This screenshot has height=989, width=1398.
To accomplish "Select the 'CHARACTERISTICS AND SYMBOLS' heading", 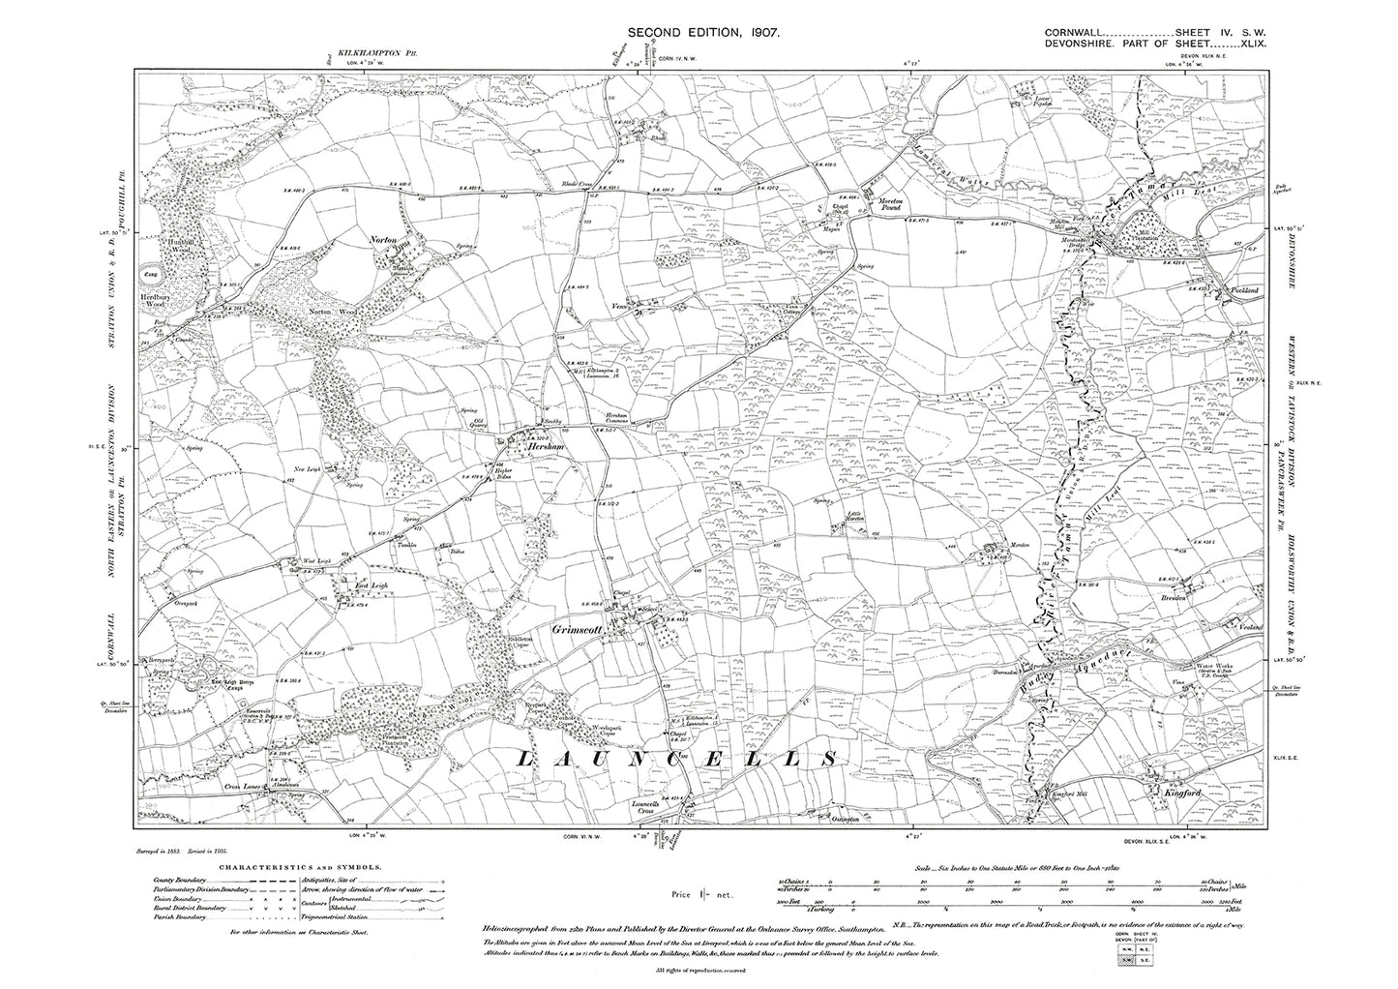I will click(x=305, y=869).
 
